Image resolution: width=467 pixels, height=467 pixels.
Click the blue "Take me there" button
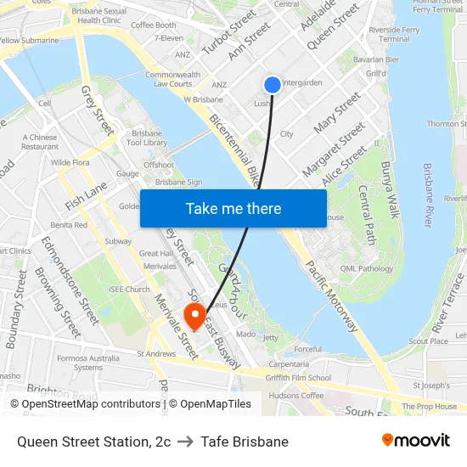tap(233, 209)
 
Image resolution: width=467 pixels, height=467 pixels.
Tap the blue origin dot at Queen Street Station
tap(272, 84)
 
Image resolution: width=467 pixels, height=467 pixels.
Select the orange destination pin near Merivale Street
tap(195, 317)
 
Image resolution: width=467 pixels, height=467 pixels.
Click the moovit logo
tap(415, 441)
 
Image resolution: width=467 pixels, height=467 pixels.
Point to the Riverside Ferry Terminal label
tap(394, 34)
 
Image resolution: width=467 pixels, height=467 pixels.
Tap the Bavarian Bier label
tap(376, 59)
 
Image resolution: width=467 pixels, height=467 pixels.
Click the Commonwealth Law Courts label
tap(173, 79)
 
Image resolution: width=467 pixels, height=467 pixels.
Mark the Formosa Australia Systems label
tap(88, 363)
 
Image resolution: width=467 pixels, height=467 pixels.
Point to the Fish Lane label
tap(86, 196)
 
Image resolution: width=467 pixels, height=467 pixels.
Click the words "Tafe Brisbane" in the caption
tap(245, 442)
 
